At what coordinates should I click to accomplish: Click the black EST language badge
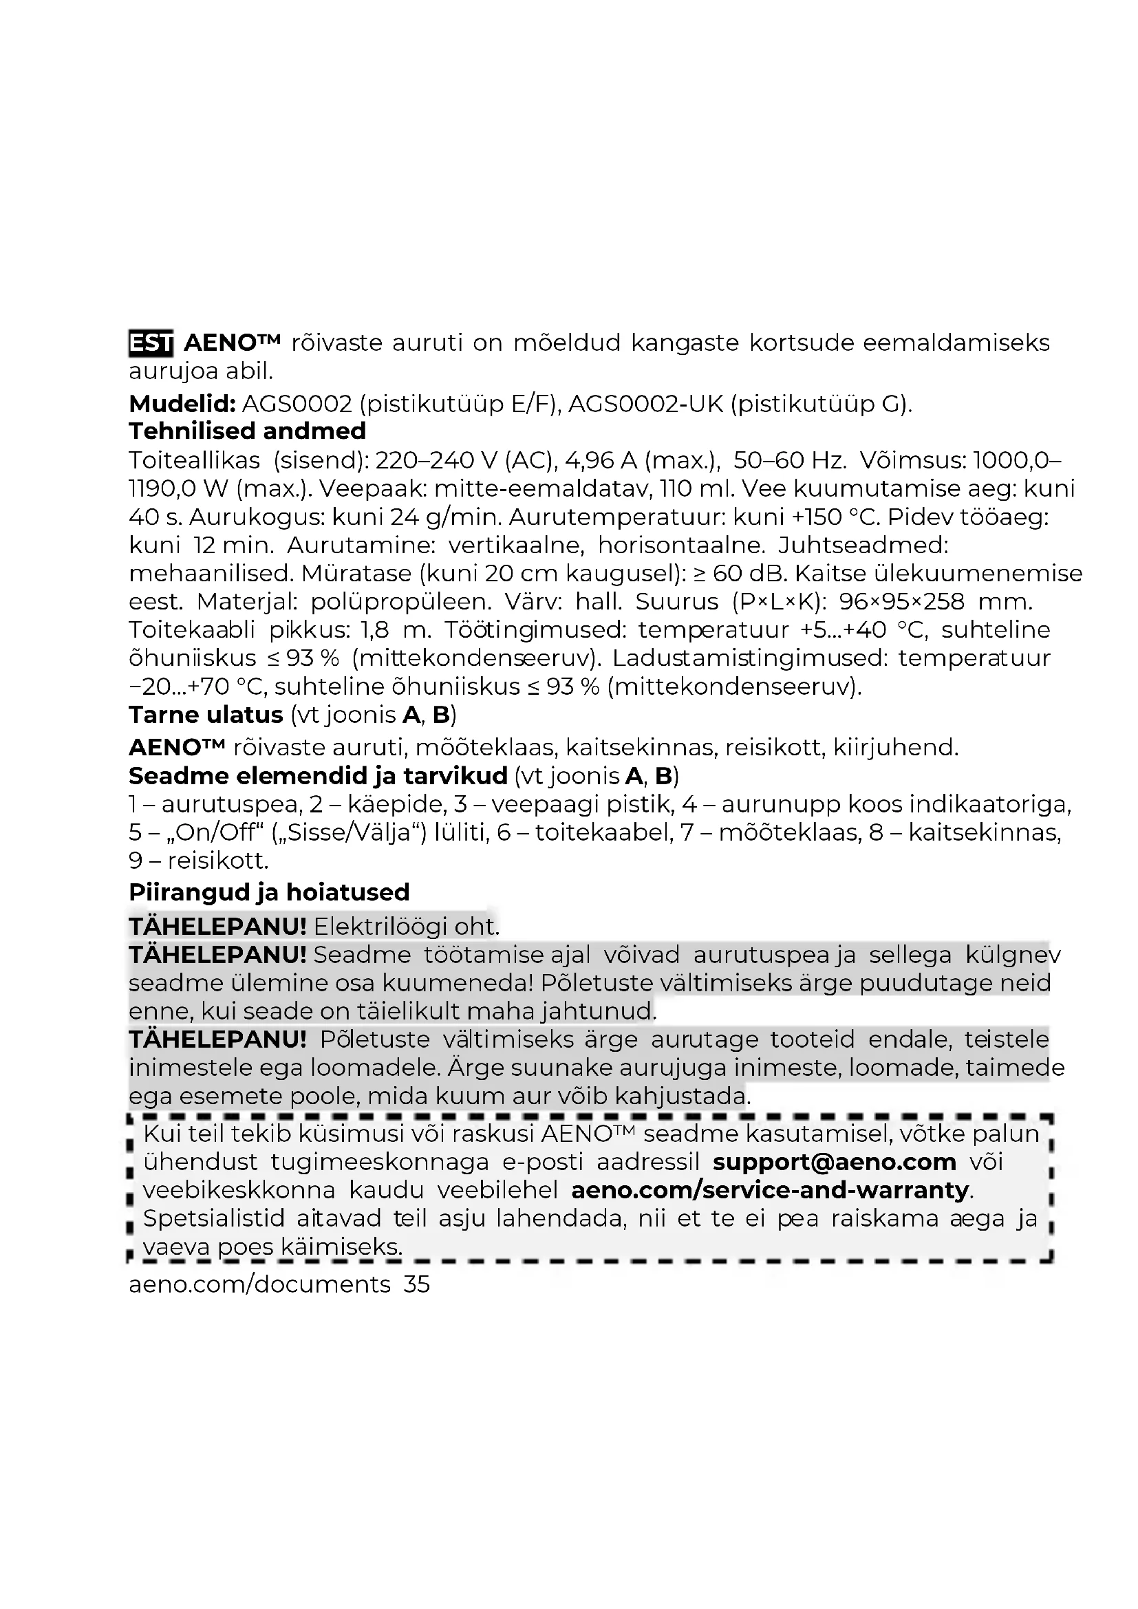pos(151,343)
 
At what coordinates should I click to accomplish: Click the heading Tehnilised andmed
pos(248,431)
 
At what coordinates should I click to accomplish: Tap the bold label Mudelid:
pos(182,404)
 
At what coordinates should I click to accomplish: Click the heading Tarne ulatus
pos(205,715)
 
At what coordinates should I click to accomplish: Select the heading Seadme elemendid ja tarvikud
pos(317,776)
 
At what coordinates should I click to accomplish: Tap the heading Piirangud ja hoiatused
pos(269,892)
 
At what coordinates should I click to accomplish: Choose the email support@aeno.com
pos(834,1163)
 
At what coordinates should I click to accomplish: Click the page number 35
pos(417,1284)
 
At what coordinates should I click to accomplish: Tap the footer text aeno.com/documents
pos(259,1284)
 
